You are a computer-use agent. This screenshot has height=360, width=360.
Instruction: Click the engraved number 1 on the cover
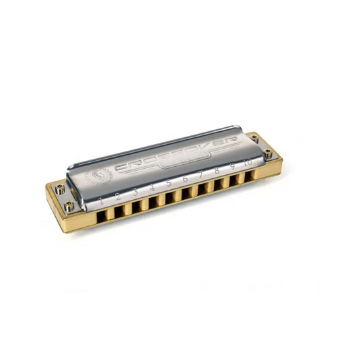[101, 200]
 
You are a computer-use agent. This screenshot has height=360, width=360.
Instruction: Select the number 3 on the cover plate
[135, 192]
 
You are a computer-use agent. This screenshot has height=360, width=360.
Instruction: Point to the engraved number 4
[153, 188]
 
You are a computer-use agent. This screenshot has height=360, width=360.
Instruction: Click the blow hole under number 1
[102, 215]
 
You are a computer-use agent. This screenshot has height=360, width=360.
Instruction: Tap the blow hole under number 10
[250, 176]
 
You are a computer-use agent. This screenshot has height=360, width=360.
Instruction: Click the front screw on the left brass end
[69, 207]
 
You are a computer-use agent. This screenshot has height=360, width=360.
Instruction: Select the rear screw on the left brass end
[61, 190]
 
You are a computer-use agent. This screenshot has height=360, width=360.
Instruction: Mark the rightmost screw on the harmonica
[268, 154]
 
